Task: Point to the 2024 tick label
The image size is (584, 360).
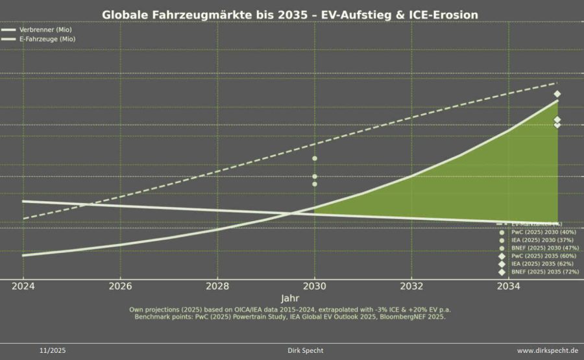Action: point(23,286)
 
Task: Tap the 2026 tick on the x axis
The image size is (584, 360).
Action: point(121,286)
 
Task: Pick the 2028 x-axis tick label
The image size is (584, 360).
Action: point(217,286)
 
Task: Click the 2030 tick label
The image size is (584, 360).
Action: point(315,286)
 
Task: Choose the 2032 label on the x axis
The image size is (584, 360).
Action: point(411,286)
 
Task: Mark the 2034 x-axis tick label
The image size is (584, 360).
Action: point(509,286)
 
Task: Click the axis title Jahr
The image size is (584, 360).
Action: point(290,298)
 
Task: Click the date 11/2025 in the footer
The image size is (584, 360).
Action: point(53,351)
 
